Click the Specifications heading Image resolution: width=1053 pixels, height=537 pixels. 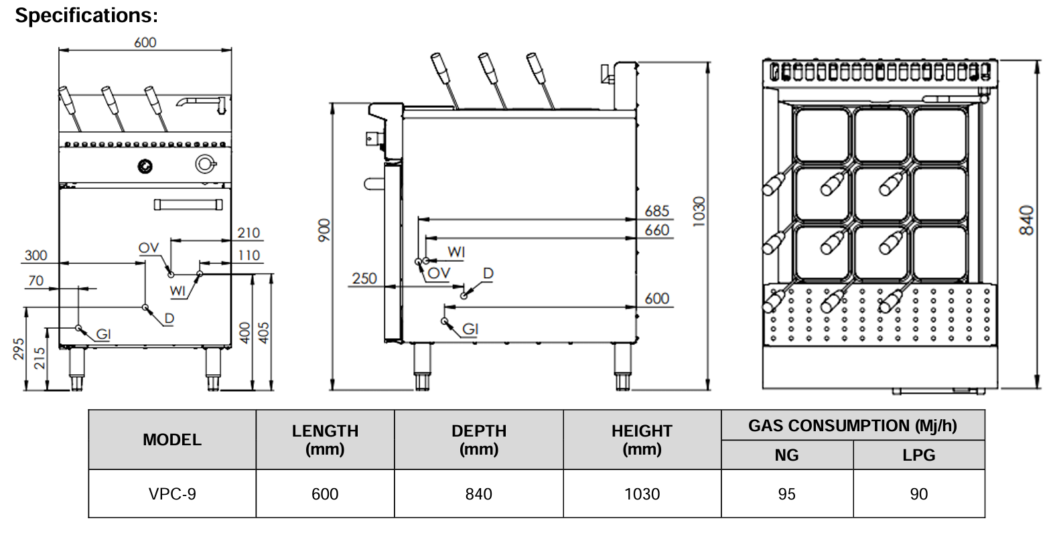click(x=86, y=15)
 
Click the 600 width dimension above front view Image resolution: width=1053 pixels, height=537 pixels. click(x=145, y=42)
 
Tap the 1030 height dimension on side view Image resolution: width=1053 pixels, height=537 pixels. click(x=699, y=212)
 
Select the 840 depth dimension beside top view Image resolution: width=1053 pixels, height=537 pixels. click(x=1026, y=220)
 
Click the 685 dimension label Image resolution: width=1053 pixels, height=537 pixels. click(x=656, y=211)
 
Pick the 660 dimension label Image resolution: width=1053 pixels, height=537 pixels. click(x=656, y=230)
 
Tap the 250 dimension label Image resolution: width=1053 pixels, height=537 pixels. click(x=364, y=279)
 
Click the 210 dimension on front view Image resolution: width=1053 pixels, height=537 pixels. click(x=249, y=233)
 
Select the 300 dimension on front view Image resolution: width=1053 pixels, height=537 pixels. click(x=36, y=255)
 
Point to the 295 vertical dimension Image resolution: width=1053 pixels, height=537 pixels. click(x=19, y=348)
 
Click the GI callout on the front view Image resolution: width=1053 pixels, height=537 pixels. click(x=103, y=334)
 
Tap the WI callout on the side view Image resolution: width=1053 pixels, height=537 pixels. click(x=456, y=252)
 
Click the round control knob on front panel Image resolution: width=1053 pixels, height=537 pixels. click(x=145, y=165)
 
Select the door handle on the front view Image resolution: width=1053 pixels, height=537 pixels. click(x=188, y=204)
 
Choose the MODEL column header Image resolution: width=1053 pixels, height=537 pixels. click(x=172, y=440)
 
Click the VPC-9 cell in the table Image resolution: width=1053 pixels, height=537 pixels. click(x=172, y=494)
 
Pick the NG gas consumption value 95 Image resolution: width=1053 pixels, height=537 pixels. click(x=786, y=494)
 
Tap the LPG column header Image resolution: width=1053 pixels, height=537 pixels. click(x=918, y=455)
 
